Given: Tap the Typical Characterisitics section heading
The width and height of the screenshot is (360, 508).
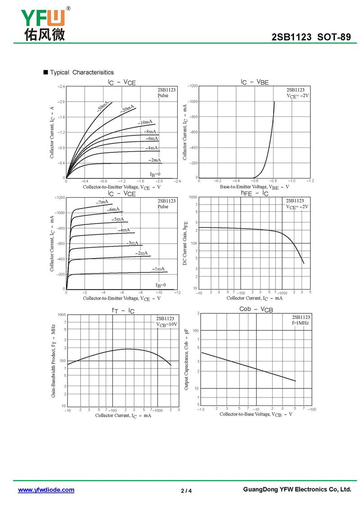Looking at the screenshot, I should click(81, 72).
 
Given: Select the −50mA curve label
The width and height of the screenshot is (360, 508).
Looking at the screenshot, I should click(102, 107).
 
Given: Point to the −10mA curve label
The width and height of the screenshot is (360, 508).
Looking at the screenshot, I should click(145, 122).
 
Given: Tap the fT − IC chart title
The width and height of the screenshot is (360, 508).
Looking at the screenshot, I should click(123, 310).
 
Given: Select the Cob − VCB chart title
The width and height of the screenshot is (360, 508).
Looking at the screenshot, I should click(256, 310).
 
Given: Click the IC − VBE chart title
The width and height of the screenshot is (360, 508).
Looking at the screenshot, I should click(254, 82).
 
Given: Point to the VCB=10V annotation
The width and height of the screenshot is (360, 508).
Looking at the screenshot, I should click(167, 324).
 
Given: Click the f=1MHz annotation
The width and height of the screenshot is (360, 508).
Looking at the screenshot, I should click(301, 323).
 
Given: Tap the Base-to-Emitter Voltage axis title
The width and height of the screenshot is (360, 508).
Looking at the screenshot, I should click(254, 187).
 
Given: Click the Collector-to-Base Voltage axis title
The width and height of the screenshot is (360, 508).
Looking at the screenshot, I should click(256, 414).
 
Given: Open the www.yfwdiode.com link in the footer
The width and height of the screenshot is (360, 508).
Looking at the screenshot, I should click(46, 490).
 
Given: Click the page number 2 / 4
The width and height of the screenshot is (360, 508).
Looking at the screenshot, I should click(186, 490).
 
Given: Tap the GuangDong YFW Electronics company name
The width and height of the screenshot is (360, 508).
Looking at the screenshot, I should click(297, 490).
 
